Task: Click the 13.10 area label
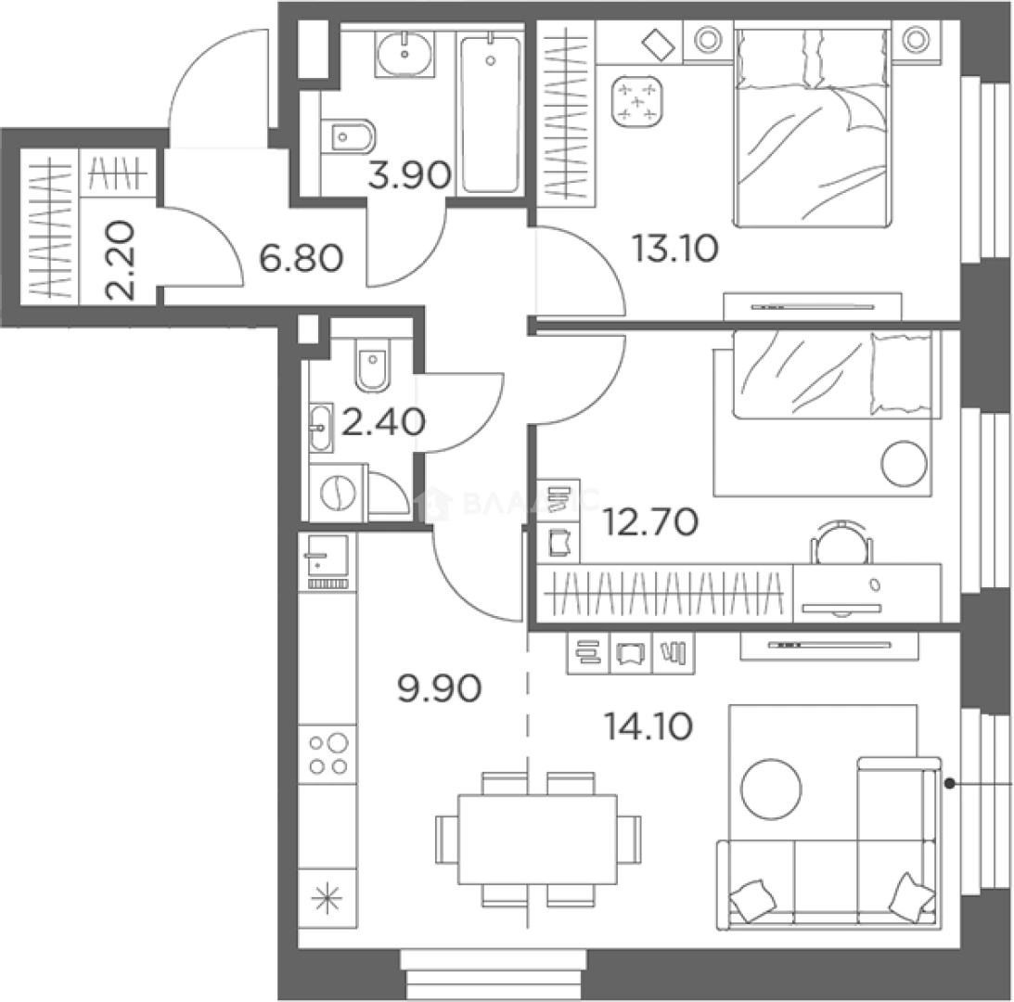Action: [x=674, y=248]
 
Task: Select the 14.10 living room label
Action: [x=648, y=726]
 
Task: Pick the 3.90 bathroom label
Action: [x=409, y=174]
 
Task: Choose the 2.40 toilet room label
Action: [x=383, y=423]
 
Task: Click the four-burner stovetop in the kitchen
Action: [x=327, y=753]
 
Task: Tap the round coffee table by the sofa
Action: [x=770, y=790]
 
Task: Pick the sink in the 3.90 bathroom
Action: [x=404, y=53]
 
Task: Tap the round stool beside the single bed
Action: [x=905, y=463]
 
